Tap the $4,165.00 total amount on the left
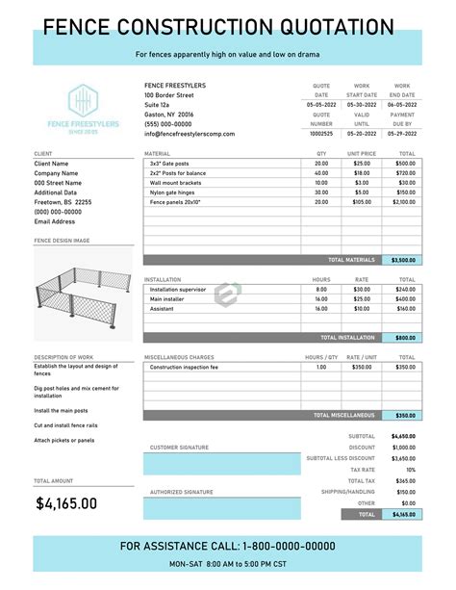click(x=66, y=502)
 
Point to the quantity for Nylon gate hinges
click(x=321, y=192)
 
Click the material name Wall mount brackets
click(x=175, y=183)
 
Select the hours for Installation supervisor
click(x=321, y=290)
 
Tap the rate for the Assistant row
click(x=362, y=310)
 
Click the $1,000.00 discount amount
click(x=404, y=448)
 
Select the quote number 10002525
click(x=321, y=134)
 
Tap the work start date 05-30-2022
click(x=362, y=104)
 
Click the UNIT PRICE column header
click(x=362, y=154)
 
